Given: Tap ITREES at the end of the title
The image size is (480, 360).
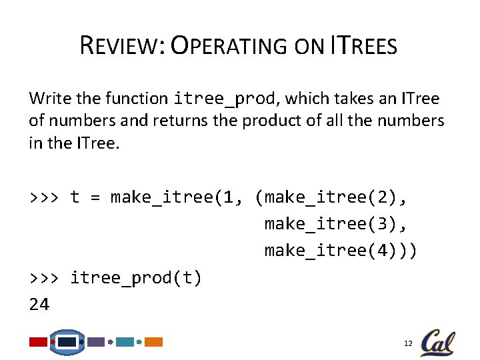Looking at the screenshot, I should point(363,47).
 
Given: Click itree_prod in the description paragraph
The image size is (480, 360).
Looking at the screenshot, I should point(224,99).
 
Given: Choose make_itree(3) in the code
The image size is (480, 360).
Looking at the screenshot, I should point(333,223).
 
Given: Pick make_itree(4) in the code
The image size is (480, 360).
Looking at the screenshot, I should point(333,250).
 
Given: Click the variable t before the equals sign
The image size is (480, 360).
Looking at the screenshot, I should point(75,197).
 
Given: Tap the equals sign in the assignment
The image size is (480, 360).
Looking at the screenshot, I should point(95,197).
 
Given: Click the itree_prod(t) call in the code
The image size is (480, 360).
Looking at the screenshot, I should point(136,278).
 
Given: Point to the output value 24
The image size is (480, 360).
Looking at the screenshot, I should point(39,305).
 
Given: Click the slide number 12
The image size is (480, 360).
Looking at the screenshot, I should point(408,343).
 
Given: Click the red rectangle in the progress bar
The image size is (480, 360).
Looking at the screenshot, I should point(38,342).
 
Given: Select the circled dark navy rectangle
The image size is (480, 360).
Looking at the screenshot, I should point(67,342).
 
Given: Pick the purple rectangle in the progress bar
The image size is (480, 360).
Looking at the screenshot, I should point(96,342).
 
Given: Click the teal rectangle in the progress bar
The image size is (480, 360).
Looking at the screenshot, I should point(125,342).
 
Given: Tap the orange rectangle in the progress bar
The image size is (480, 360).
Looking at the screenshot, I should point(154,342).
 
